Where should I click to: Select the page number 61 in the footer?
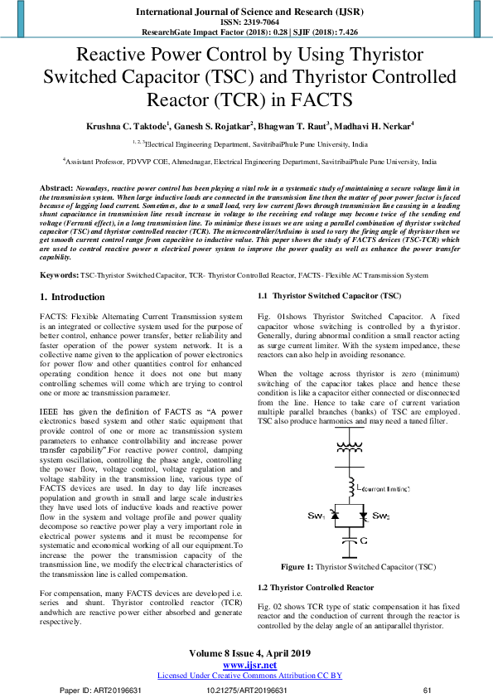click(428, 690)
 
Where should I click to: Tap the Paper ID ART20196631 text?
click(107, 690)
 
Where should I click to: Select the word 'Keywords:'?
click(59, 251)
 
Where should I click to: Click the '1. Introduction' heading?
click(72, 273)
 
